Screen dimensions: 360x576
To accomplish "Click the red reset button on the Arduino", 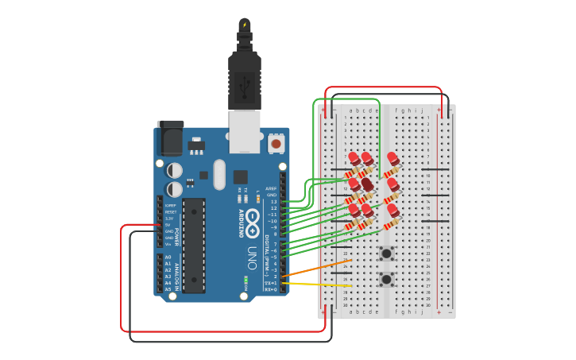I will (x=276, y=144).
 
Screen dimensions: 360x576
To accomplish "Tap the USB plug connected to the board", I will (x=245, y=79).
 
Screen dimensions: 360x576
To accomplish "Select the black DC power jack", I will (x=170, y=138).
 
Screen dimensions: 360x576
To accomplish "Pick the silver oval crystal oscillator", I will (x=219, y=174).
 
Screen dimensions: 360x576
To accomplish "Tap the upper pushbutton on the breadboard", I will (x=387, y=254).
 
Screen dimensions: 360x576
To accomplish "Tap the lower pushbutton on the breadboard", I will (x=387, y=279).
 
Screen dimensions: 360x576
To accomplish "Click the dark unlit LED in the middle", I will (x=367, y=184).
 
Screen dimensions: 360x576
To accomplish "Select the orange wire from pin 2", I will (x=318, y=268).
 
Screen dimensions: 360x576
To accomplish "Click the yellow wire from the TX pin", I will (x=318, y=284).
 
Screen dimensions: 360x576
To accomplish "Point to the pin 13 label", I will (x=273, y=202).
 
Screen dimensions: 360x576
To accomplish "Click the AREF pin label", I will (x=272, y=188).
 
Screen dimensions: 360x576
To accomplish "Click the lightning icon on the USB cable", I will (x=245, y=25).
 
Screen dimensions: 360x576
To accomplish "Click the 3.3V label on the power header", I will (x=169, y=219).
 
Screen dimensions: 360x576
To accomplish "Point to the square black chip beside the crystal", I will (x=241, y=176).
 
